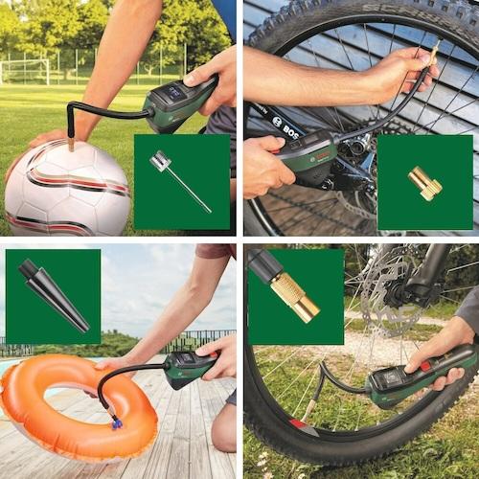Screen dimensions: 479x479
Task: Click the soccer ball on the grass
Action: click(67, 187)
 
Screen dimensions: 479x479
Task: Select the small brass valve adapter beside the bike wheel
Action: click(423, 182)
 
